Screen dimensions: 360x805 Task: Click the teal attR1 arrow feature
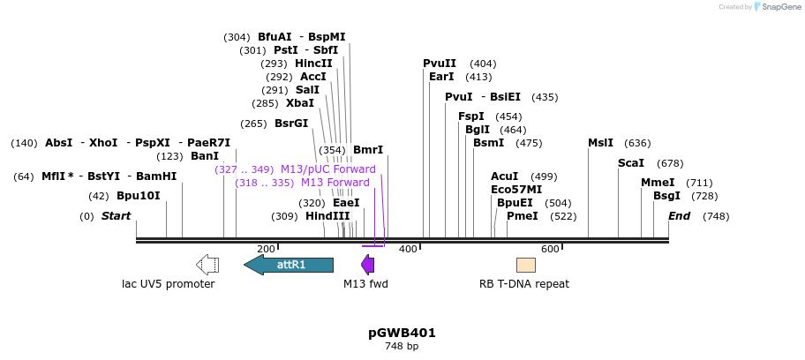point(289,265)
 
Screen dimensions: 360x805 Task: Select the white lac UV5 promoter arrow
point(207,265)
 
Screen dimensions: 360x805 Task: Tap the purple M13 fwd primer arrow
point(368,265)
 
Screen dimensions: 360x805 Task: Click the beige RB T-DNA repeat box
point(526,265)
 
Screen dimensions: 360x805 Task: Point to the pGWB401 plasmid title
point(402,333)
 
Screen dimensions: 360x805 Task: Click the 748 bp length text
point(402,347)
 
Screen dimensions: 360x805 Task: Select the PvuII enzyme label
point(440,64)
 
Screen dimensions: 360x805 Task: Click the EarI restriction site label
point(441,77)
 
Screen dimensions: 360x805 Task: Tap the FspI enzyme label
point(471,116)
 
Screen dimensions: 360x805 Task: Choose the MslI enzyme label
point(600,143)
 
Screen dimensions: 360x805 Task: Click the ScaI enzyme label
point(631,163)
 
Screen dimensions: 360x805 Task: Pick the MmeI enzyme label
point(658,183)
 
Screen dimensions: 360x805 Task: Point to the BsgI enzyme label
point(666,196)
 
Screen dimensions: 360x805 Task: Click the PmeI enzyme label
point(522,216)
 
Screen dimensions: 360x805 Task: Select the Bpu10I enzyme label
point(139,196)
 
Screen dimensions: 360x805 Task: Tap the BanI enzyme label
point(205,156)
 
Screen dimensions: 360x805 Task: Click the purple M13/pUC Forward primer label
point(327,169)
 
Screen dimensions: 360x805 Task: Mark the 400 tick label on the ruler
point(408,250)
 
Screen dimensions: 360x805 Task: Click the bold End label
point(679,216)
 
